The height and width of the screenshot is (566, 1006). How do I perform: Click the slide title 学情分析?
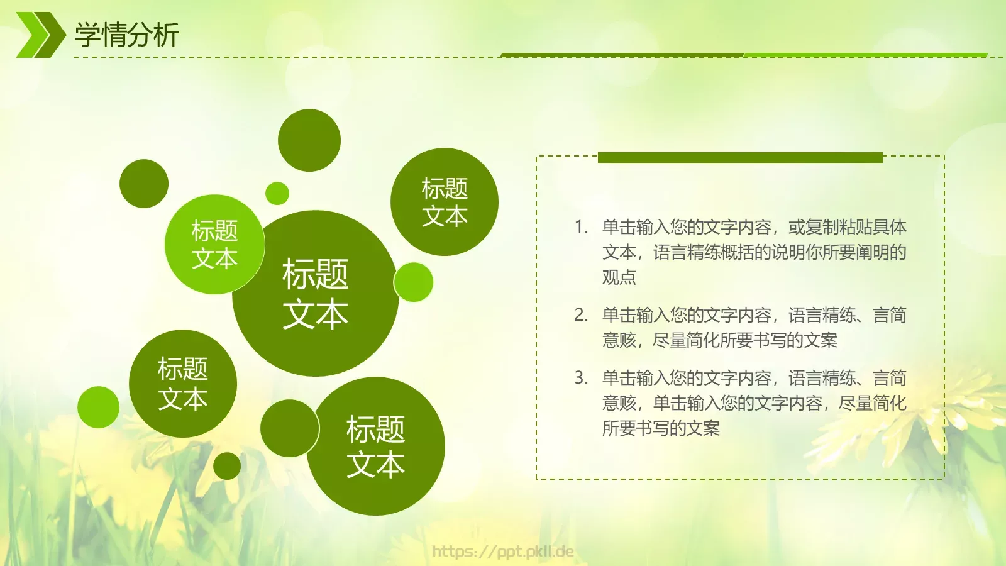(x=127, y=35)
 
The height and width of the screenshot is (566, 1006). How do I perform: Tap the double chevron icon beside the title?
(x=40, y=35)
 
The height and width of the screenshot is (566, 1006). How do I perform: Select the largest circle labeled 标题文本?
(x=315, y=294)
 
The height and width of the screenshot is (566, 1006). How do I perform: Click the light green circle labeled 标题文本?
(x=214, y=245)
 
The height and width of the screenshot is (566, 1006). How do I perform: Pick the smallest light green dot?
(x=277, y=193)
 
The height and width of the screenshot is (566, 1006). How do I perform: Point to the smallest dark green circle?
(x=227, y=466)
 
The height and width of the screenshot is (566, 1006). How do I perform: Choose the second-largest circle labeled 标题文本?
(x=376, y=447)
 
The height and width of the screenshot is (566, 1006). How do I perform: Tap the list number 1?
(x=580, y=227)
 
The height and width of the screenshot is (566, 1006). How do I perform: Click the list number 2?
(x=580, y=315)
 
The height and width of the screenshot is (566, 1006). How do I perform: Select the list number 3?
(x=580, y=378)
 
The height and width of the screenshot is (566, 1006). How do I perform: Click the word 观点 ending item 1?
(x=619, y=277)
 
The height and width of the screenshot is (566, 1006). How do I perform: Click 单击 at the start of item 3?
(x=619, y=378)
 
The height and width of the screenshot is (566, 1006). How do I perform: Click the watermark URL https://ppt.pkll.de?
(x=502, y=552)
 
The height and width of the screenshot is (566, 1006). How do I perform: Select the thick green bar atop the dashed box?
(x=740, y=157)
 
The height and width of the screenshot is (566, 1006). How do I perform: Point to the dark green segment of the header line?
(x=622, y=55)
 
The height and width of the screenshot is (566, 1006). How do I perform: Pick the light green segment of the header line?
(x=865, y=55)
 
